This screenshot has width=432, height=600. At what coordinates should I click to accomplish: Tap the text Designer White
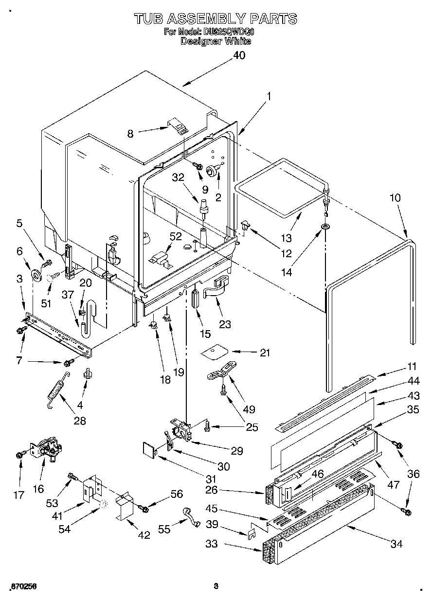point(216,41)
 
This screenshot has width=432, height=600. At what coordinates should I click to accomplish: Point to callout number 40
point(238,55)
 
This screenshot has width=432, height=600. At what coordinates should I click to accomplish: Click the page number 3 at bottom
point(216,586)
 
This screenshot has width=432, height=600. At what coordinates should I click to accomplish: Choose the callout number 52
point(175,237)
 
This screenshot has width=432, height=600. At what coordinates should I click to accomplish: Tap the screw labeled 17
point(20,454)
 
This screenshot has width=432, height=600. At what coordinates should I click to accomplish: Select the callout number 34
point(396,544)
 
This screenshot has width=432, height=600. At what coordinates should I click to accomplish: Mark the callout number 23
point(225,324)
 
